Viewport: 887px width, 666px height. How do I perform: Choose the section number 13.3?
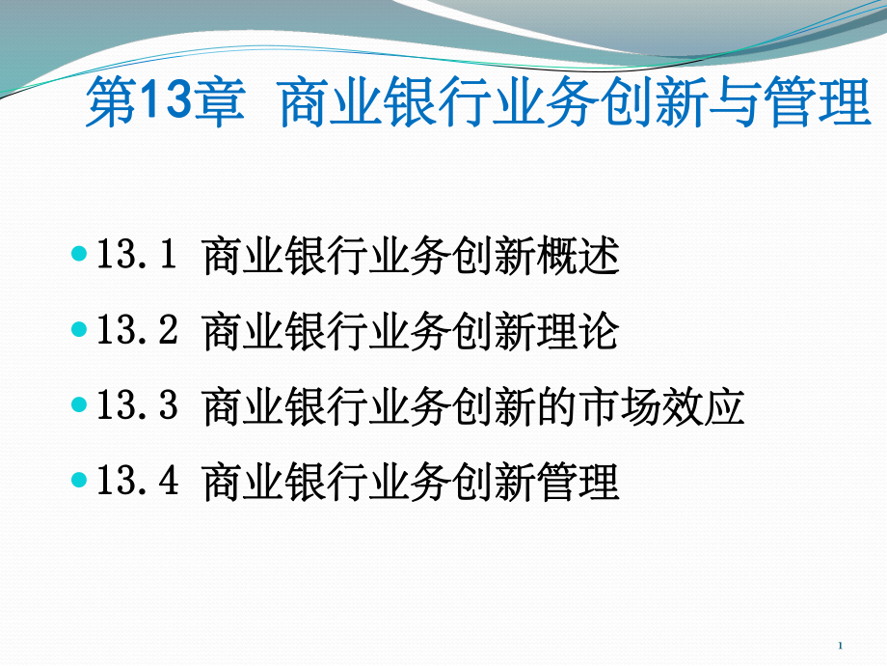click(138, 404)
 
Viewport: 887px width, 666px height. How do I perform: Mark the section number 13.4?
click(138, 479)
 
